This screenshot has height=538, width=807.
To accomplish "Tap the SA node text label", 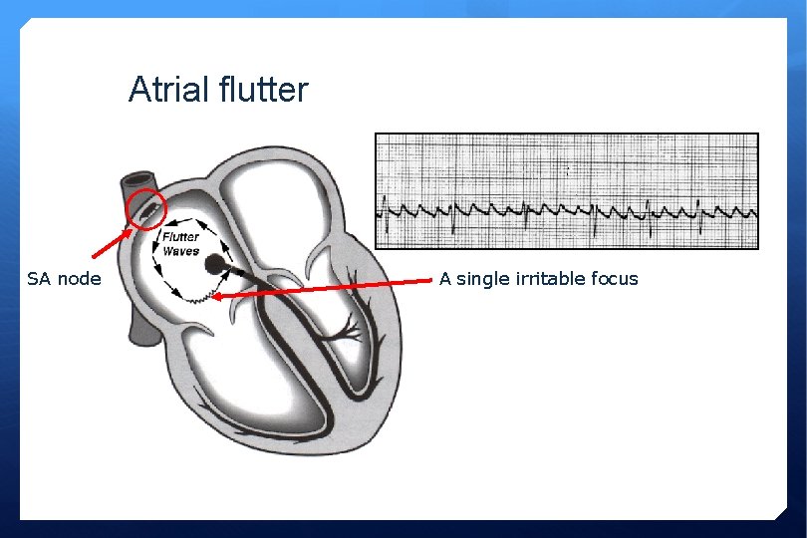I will (64, 279).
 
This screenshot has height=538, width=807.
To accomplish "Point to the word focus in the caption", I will (615, 279).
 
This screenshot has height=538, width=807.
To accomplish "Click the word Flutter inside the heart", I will (180, 237).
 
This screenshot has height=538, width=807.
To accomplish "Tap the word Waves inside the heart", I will (180, 251).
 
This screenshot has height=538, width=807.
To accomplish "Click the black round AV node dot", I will (214, 265).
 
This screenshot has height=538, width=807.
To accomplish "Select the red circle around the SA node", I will (146, 207).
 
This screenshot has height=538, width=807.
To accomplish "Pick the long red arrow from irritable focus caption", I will (329, 289).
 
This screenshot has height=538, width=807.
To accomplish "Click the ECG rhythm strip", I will (566, 190).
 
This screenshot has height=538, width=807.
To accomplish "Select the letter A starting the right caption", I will (445, 279).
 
